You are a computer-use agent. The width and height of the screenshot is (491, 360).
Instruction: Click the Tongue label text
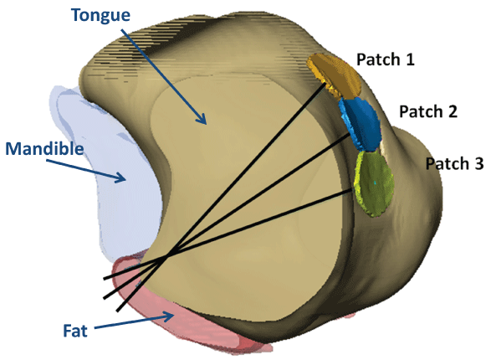pyautogui.click(x=100, y=16)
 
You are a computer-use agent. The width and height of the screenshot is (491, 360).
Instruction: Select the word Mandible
pyautogui.click(x=44, y=148)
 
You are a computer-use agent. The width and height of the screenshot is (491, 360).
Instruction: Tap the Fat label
pyautogui.click(x=75, y=331)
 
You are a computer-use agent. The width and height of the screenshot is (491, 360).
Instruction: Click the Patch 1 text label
pyautogui.click(x=386, y=59)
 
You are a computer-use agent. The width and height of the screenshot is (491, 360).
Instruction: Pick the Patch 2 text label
pyautogui.click(x=428, y=111)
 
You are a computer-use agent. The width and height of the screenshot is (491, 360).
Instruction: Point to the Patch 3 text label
pyautogui.click(x=455, y=163)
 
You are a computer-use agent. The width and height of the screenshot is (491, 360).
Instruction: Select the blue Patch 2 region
pyautogui.click(x=361, y=124)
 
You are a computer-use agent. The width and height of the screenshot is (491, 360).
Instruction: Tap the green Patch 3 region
pyautogui.click(x=373, y=183)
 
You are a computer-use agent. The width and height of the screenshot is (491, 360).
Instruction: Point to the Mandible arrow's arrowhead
pyautogui.click(x=121, y=177)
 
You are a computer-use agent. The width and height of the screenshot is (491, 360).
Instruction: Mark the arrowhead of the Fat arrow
pyautogui.click(x=168, y=316)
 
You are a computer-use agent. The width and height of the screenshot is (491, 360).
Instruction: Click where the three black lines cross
pyautogui.click(x=166, y=256)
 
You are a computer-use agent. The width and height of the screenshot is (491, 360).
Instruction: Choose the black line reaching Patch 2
pyautogui.click(x=227, y=216)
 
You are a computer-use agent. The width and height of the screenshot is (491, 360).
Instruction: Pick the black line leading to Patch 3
pyautogui.click(x=228, y=234)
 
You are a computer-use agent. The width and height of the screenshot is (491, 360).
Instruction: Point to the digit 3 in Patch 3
pyautogui.click(x=479, y=163)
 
